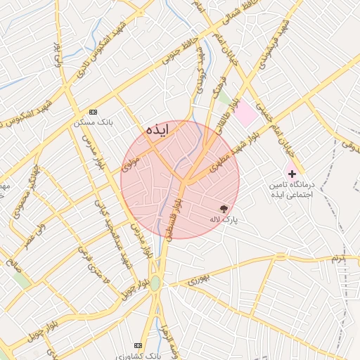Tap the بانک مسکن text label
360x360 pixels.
pos(93,122)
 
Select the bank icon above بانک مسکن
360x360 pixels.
pos(94,112)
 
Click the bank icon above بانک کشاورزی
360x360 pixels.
pos(138,345)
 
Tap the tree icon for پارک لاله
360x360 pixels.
pos(224,209)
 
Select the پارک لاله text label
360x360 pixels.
pos(224,219)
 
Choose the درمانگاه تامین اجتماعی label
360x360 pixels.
pos(289,187)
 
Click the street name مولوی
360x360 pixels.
pos(131,164)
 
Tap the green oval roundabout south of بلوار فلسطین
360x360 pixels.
pos(155,283)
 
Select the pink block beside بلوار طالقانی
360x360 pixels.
pos(245,114)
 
